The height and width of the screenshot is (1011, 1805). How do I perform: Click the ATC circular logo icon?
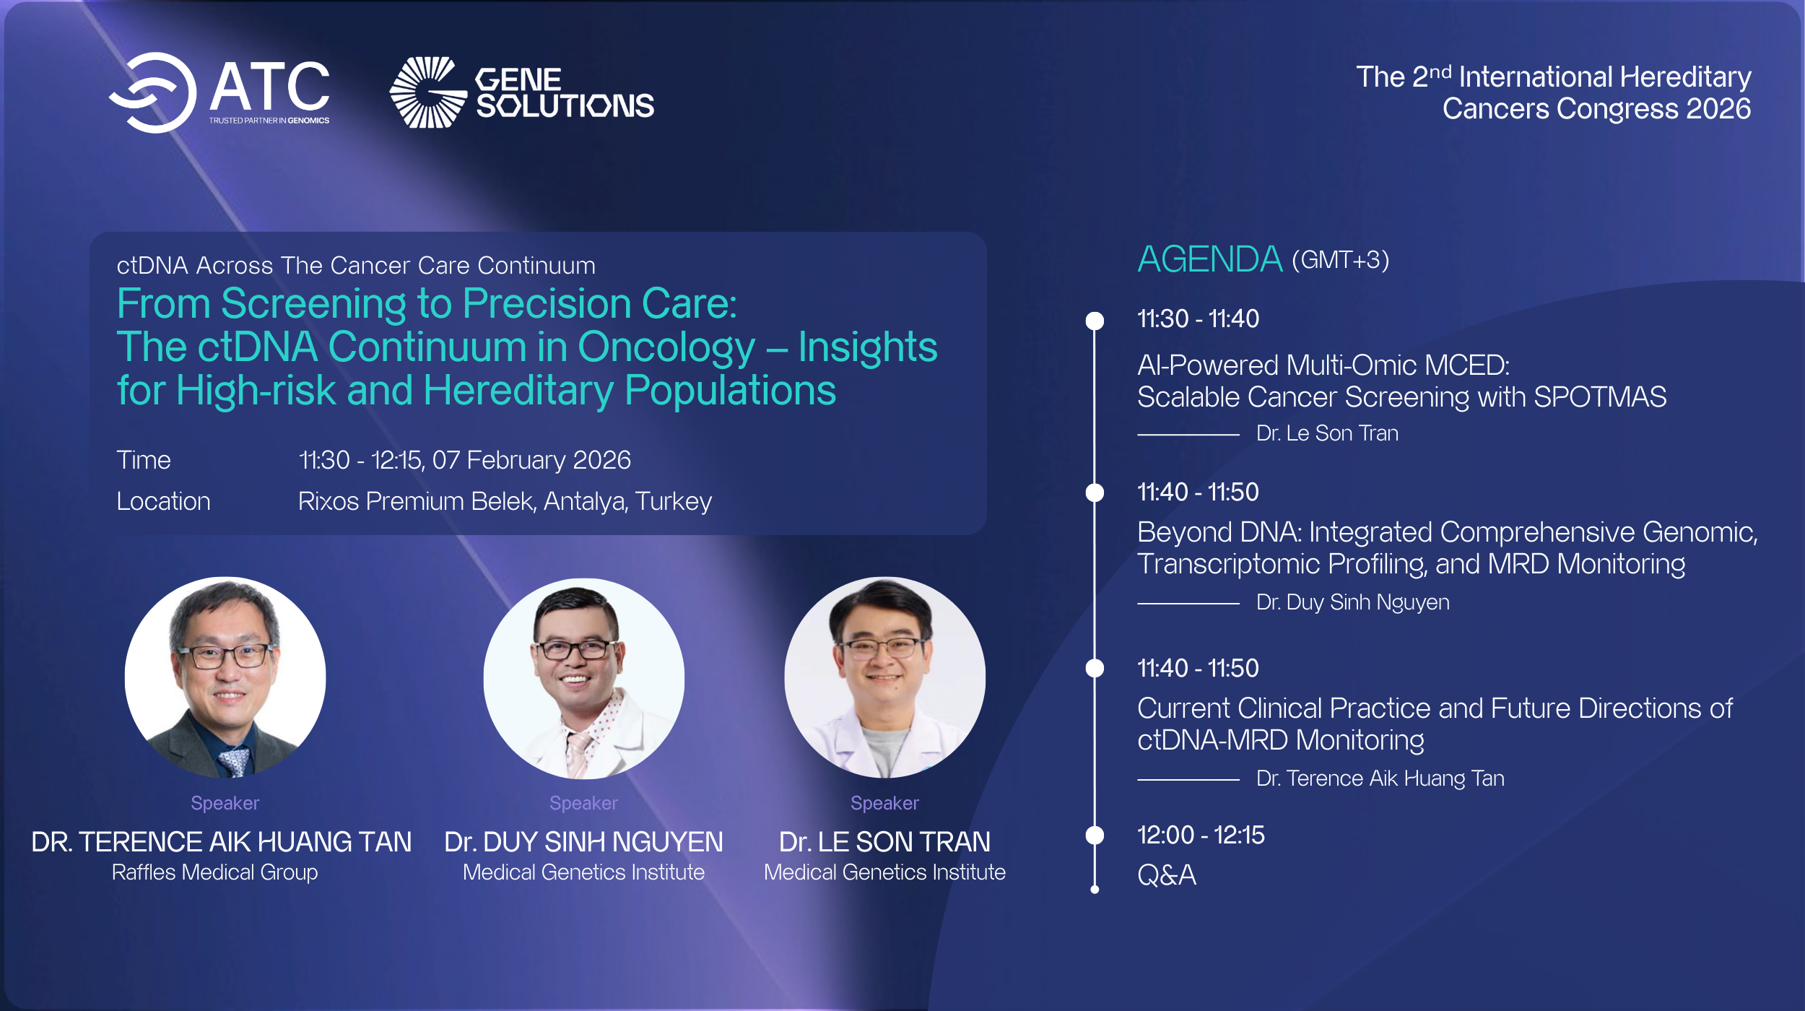154,92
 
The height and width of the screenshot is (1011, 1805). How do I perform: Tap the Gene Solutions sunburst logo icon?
427,92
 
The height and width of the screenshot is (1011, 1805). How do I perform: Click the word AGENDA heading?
1209,259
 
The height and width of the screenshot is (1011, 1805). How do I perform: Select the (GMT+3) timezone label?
1340,260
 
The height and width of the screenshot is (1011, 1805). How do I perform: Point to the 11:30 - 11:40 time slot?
1198,318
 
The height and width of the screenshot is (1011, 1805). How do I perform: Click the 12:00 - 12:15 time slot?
1201,835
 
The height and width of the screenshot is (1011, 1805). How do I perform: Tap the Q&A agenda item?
1167,875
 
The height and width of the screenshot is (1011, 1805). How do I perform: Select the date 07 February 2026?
531,460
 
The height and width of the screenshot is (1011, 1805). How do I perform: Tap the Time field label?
144,460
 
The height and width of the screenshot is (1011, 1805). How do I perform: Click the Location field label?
163,501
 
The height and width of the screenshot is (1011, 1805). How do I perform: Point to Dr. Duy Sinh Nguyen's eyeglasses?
575,648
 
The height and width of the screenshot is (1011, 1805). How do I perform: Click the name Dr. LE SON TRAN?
884,842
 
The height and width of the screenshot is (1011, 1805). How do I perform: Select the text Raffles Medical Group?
214,872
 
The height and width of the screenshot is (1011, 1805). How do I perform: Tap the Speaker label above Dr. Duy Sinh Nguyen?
583,803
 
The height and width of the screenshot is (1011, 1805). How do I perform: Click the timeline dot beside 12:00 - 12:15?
1095,835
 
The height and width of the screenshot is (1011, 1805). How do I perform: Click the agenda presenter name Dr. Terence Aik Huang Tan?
1380,778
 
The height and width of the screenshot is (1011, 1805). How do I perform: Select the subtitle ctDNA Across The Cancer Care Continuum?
356,266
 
